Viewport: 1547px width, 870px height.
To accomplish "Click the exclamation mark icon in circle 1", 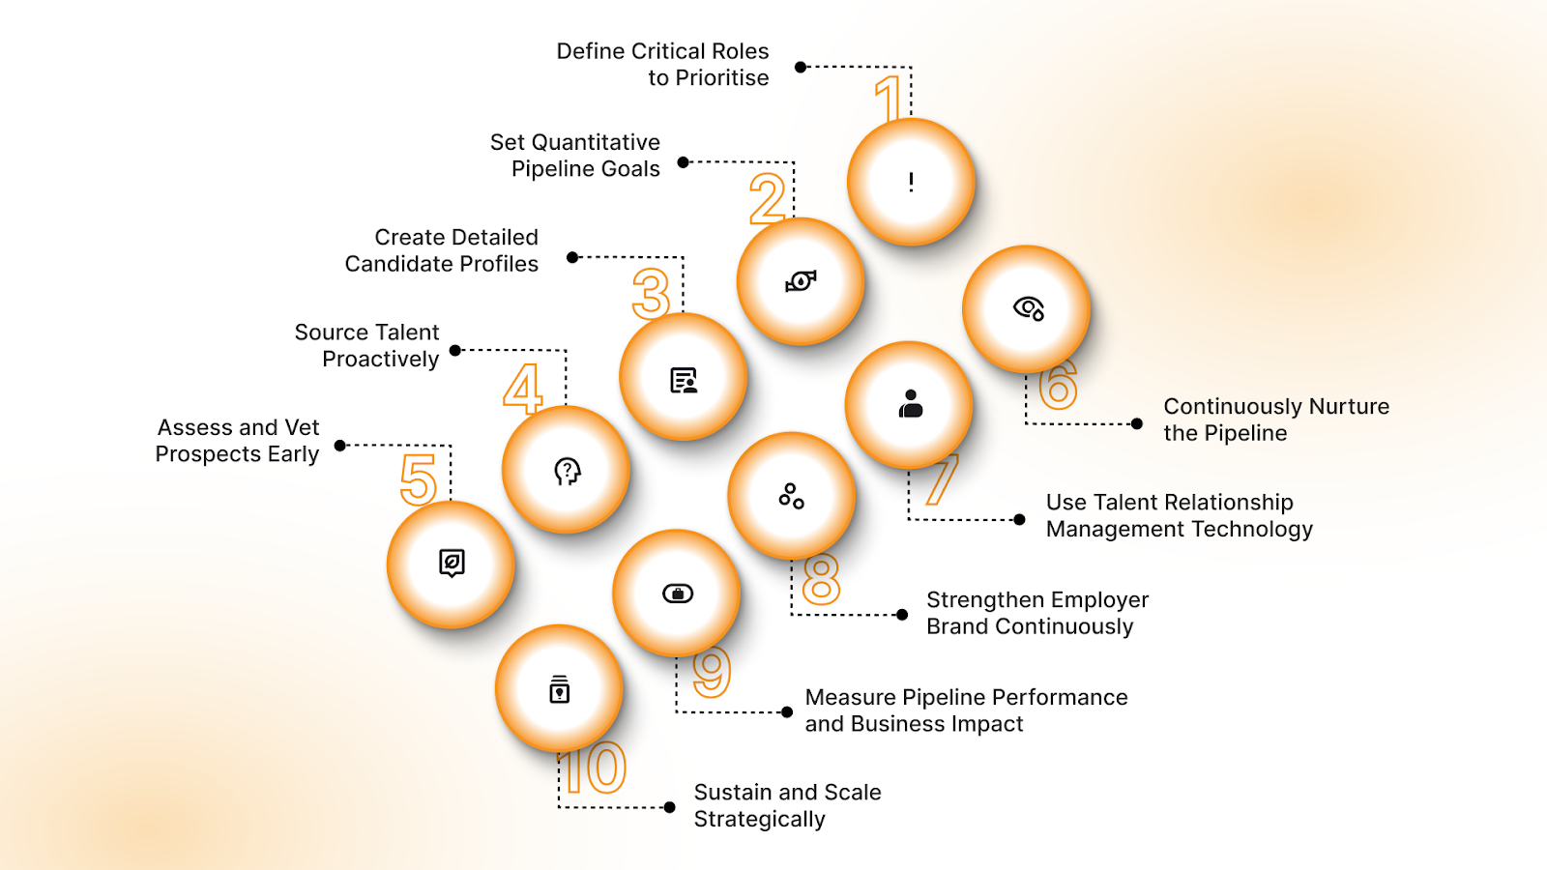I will (911, 182).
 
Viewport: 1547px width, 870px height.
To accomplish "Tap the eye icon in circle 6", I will (1028, 308).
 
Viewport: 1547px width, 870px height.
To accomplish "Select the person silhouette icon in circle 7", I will (910, 404).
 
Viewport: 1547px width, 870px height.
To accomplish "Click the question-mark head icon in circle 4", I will (567, 471).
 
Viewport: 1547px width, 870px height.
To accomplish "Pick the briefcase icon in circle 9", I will (678, 594).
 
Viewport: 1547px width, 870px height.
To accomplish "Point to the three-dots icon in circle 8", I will (792, 496).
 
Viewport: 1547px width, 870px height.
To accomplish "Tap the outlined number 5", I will (419, 479).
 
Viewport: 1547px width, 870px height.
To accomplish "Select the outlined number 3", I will (651, 294).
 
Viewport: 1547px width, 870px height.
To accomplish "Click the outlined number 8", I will (821, 579).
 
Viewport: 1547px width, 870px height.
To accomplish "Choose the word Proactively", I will (380, 360).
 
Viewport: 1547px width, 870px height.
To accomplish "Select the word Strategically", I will (759, 820).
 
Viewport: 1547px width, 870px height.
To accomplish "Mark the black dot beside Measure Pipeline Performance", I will (787, 712).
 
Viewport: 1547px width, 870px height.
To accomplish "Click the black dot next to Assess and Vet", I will (340, 446).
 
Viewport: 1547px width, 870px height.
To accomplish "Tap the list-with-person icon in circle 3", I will (684, 381).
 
